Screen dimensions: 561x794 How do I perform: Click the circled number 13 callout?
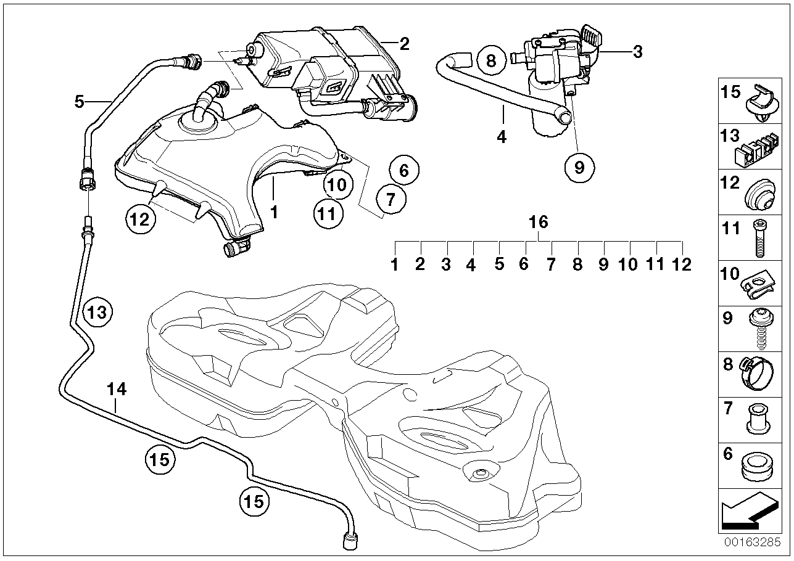pos(99,312)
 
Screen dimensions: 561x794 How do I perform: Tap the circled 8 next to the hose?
pos(491,60)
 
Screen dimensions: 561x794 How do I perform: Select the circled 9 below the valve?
pos(579,166)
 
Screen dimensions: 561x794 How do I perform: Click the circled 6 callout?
pos(404,170)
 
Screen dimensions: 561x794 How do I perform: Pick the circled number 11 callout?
pos(328,213)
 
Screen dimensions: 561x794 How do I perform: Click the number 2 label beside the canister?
pos(404,44)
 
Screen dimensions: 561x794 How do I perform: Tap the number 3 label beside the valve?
pos(637,52)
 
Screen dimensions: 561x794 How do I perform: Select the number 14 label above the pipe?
pos(116,389)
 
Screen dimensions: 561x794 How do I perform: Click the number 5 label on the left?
pos(79,100)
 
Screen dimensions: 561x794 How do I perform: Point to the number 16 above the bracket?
pos(539,222)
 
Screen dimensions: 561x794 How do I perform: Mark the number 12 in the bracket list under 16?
pos(682,264)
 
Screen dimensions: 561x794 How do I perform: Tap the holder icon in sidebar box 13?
pos(756,147)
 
